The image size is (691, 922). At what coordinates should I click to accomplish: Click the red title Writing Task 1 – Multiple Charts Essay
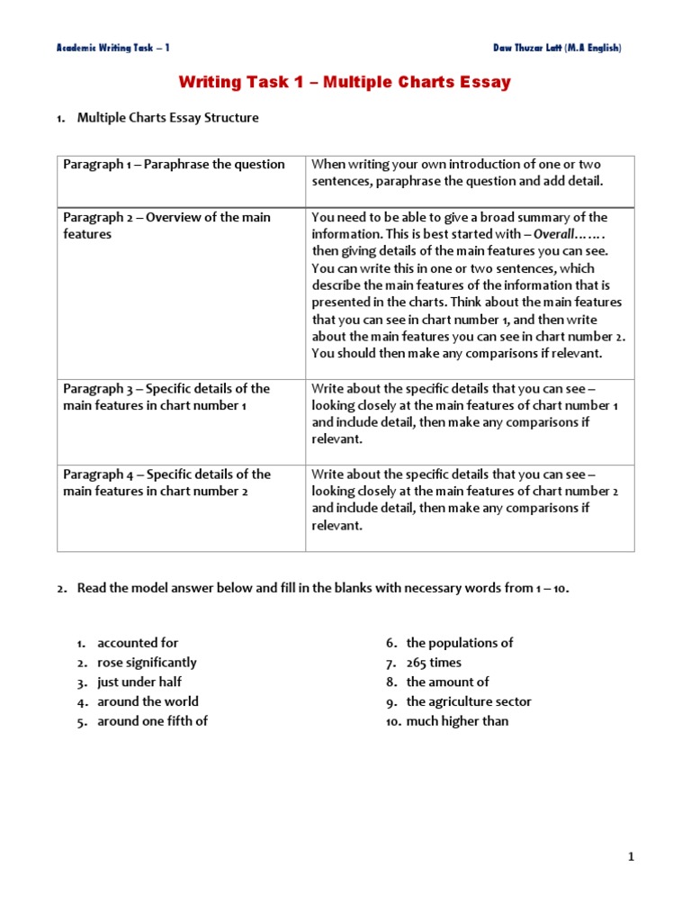pyautogui.click(x=345, y=83)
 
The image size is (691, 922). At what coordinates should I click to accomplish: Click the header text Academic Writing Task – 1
pyautogui.click(x=112, y=48)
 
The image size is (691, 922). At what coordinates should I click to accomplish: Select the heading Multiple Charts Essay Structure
pyautogui.click(x=167, y=117)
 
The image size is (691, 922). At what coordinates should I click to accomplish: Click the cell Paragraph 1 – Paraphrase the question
pyautogui.click(x=174, y=164)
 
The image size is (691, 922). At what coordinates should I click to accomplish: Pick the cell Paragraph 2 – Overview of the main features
pyautogui.click(x=166, y=225)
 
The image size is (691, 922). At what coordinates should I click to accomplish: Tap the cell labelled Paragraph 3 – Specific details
pyautogui.click(x=166, y=397)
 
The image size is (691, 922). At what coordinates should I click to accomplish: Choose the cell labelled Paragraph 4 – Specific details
pyautogui.click(x=166, y=483)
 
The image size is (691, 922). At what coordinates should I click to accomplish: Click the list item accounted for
pyautogui.click(x=138, y=643)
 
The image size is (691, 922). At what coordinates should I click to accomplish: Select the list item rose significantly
pyautogui.click(x=147, y=663)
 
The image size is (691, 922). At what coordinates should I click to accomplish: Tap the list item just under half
pyautogui.click(x=139, y=682)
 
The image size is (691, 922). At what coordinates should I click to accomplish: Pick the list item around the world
pyautogui.click(x=148, y=701)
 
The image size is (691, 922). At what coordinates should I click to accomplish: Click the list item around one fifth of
pyautogui.click(x=152, y=721)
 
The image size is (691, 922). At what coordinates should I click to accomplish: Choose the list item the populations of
pyautogui.click(x=459, y=643)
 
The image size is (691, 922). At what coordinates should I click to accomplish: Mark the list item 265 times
pyautogui.click(x=434, y=663)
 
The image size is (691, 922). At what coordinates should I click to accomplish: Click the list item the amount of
pyautogui.click(x=447, y=682)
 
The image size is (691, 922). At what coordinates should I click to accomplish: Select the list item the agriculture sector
pyautogui.click(x=469, y=701)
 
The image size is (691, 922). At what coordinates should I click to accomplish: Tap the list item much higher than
pyautogui.click(x=457, y=721)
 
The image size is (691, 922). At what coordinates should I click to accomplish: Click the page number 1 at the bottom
pyautogui.click(x=631, y=857)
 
